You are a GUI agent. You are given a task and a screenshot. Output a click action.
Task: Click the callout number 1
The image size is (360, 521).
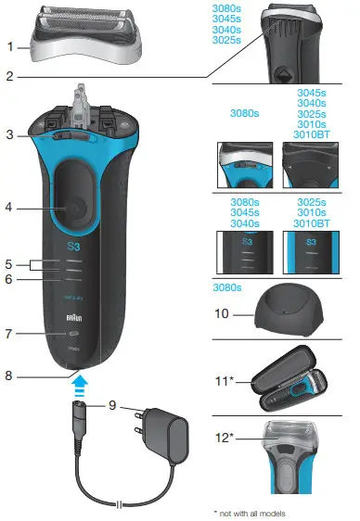(x=10, y=46)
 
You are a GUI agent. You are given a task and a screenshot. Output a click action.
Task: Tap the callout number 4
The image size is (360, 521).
(x=10, y=208)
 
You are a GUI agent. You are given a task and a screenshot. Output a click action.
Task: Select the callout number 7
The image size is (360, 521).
(x=10, y=332)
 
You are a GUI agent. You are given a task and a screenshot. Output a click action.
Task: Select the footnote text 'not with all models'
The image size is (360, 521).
(x=253, y=512)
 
